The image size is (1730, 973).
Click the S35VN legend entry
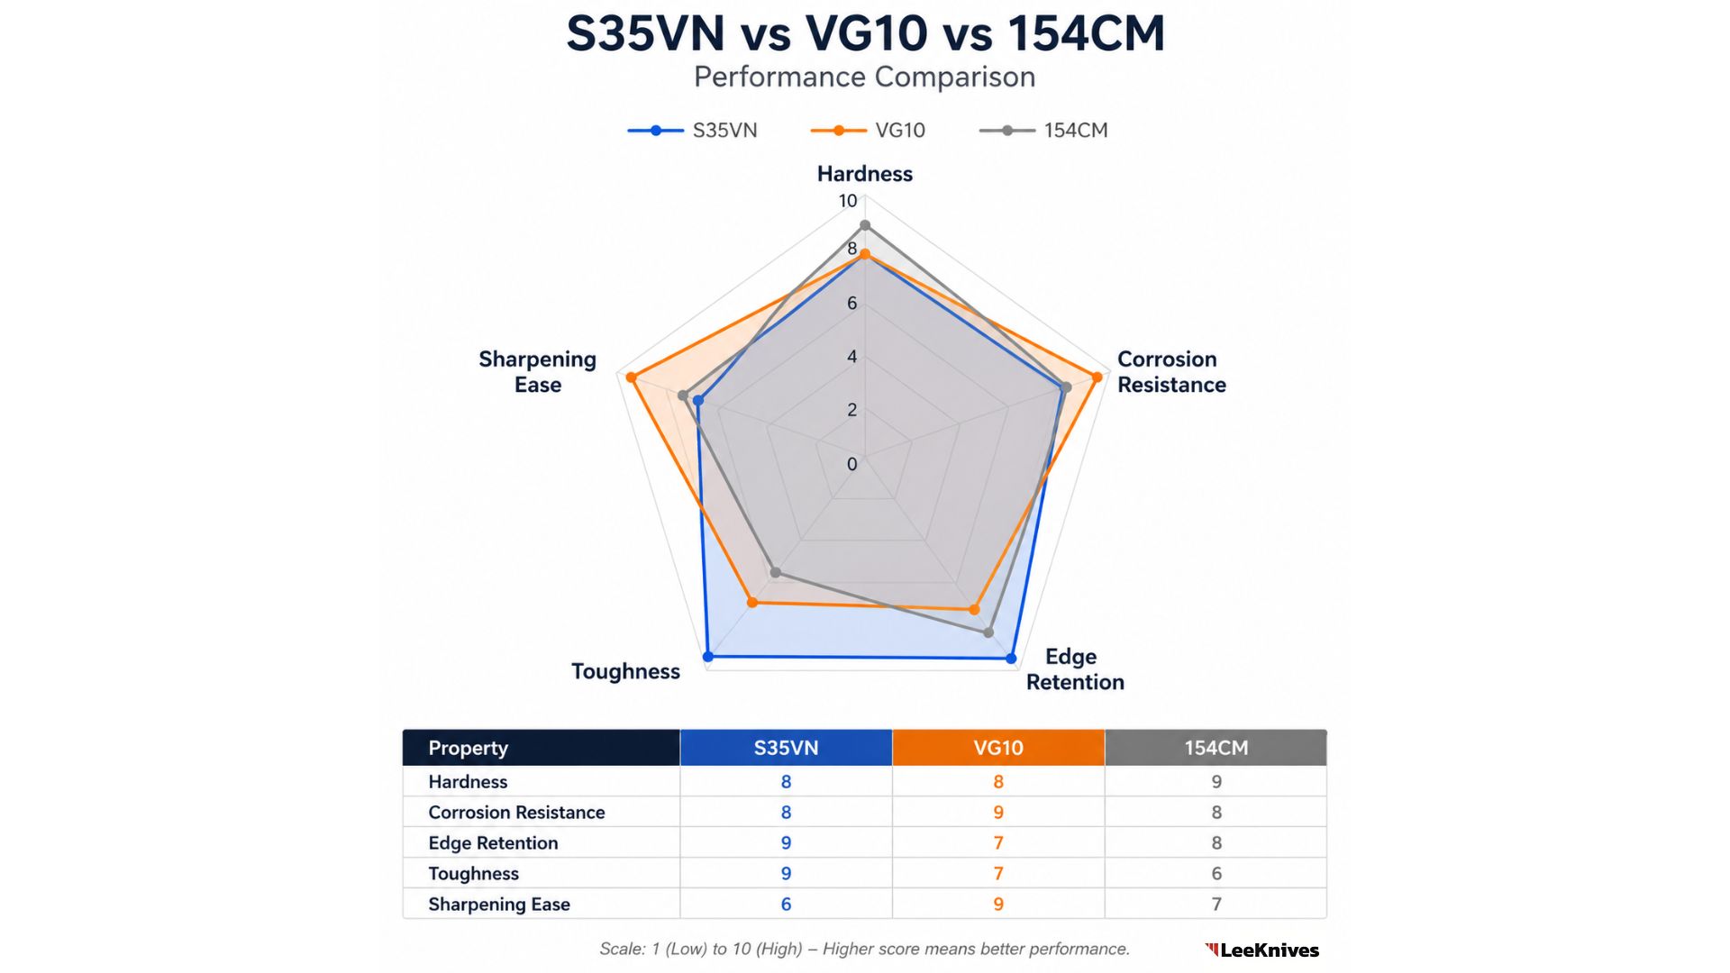click(x=693, y=131)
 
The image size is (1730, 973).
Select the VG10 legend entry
click(x=869, y=131)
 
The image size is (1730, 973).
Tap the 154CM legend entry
click(x=1044, y=131)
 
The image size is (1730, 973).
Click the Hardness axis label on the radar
click(x=864, y=174)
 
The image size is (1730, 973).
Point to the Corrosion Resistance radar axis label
click(x=1170, y=372)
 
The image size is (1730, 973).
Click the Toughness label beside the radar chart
click(x=625, y=671)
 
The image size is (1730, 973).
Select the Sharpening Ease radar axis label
click(x=538, y=372)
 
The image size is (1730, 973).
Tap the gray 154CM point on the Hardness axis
click(x=865, y=225)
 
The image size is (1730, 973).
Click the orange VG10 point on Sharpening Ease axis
click(x=632, y=377)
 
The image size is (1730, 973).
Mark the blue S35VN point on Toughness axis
click(x=708, y=657)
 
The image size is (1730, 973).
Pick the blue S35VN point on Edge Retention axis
click(x=1011, y=659)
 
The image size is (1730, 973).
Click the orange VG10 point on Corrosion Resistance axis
click(x=1097, y=377)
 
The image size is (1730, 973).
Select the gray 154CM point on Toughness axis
click(x=776, y=572)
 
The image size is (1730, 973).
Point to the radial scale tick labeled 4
click(x=851, y=357)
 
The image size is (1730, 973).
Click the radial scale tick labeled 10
click(x=848, y=201)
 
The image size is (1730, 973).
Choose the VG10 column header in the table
click(x=997, y=748)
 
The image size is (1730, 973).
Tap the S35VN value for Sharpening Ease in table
click(x=786, y=904)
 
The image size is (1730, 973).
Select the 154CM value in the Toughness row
click(x=1216, y=873)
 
